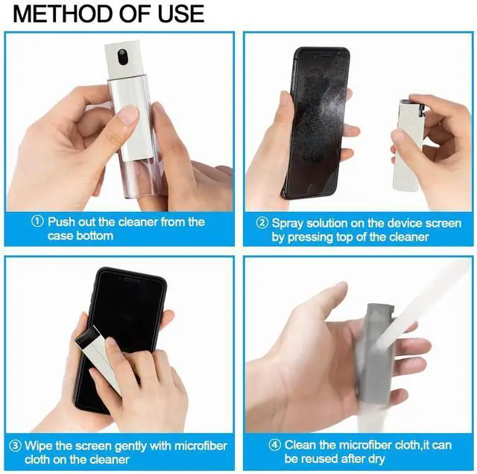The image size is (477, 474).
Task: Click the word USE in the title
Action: [x=181, y=13]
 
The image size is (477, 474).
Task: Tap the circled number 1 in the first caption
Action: [x=37, y=222]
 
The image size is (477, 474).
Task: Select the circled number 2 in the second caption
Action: [x=262, y=223]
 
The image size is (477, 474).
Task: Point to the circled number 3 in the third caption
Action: [x=15, y=446]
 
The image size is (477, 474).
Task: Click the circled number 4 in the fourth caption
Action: [x=275, y=445]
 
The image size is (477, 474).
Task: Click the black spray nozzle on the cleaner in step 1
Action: [x=122, y=57]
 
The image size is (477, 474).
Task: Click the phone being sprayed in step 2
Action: [x=316, y=122]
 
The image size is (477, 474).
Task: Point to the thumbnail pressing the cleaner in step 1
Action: [x=128, y=115]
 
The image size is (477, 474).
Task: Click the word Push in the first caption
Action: [x=62, y=222]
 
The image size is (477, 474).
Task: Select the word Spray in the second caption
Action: [x=288, y=224]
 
